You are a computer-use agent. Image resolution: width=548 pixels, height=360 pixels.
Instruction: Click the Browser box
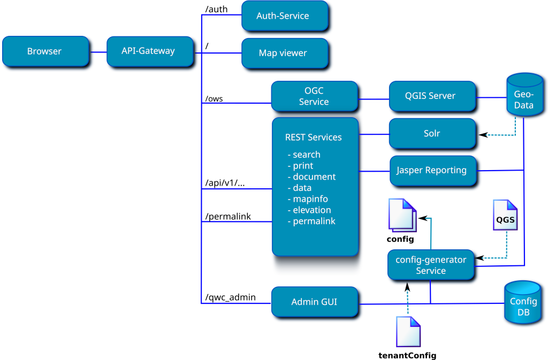coord(45,51)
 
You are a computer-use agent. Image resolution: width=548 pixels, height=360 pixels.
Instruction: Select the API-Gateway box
coord(149,51)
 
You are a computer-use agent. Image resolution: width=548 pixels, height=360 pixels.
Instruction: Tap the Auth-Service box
coord(284,16)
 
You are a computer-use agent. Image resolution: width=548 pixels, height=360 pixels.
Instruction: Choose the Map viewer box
coord(284,53)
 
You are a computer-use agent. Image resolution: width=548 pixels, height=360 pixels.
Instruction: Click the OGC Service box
coord(314,96)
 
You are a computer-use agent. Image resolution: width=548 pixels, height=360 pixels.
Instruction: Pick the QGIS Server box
coord(431,96)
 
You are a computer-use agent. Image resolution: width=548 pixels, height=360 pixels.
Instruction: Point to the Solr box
coord(431,133)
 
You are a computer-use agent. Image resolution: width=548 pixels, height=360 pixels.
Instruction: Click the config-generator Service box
coord(431,265)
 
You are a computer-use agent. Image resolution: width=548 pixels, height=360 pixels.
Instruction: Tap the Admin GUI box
coord(314,302)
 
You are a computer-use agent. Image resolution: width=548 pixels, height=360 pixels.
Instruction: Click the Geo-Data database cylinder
coord(524,96)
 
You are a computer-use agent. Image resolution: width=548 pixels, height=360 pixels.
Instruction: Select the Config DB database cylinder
coord(522,303)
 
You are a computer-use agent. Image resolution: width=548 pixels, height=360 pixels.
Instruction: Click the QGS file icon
coord(505,215)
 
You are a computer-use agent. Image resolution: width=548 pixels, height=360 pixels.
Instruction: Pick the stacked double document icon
coord(402,215)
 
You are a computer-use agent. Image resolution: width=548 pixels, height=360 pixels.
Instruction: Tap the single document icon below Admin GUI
coord(408,331)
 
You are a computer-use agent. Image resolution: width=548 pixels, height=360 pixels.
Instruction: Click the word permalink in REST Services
coord(314,221)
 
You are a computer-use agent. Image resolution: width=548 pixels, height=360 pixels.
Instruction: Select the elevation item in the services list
coord(311,210)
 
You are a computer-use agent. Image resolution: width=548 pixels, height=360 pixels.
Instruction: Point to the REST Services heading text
coord(313,137)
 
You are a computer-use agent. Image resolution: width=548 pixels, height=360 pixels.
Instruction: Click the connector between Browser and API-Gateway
coord(97,52)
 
